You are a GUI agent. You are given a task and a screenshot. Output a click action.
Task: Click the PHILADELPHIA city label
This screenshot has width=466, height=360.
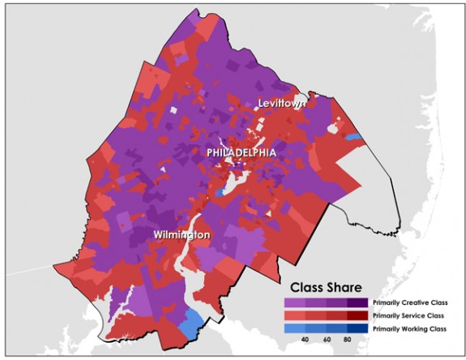tap(241, 152)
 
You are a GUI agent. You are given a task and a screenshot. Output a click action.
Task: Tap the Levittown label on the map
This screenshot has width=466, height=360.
tap(282, 103)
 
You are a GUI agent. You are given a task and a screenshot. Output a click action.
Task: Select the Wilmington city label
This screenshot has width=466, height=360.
tap(182, 234)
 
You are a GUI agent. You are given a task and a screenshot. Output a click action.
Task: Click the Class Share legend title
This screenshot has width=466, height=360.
tap(327, 287)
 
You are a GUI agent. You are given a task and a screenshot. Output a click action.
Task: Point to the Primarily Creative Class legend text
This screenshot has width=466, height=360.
tap(410, 302)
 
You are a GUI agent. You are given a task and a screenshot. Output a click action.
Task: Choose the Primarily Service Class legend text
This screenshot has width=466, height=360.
tap(409, 315)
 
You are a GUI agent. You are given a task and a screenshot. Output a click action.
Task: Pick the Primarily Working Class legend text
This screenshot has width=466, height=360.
tap(410, 328)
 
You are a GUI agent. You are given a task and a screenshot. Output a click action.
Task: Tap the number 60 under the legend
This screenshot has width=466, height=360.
tap(328, 340)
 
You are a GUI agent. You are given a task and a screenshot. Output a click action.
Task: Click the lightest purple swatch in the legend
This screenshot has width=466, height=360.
tap(293, 302)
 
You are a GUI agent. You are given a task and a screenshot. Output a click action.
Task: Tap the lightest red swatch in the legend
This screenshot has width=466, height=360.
tap(293, 315)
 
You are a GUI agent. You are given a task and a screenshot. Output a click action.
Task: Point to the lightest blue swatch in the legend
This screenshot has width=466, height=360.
tap(293, 328)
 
